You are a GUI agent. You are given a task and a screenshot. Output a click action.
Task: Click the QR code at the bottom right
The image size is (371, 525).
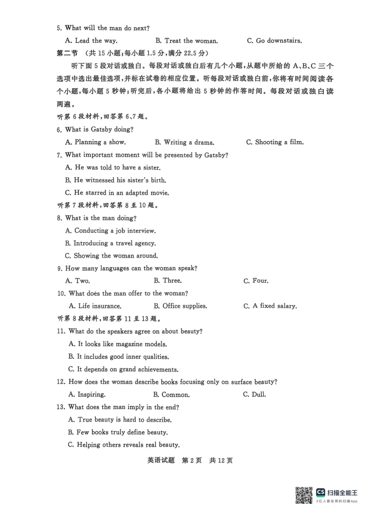pos(304,495)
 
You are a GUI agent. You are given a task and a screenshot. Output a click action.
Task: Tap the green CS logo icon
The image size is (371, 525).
pos(321,492)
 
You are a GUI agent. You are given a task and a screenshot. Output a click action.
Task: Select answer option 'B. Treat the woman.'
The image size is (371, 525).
pos(186,41)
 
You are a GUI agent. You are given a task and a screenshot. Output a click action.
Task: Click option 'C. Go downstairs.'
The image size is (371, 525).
pos(274,41)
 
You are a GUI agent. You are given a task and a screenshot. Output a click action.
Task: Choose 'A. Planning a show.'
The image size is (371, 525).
pos(95,142)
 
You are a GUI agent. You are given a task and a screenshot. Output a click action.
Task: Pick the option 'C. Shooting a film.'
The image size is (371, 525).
pos(275,142)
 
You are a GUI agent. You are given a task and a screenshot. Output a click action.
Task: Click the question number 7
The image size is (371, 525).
pos(59,155)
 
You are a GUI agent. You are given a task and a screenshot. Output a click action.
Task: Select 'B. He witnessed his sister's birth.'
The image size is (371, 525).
pos(116,180)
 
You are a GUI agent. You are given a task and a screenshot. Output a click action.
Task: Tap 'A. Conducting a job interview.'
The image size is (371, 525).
pos(111,231)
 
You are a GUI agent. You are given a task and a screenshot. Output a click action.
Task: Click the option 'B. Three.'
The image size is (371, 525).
pos(168,281)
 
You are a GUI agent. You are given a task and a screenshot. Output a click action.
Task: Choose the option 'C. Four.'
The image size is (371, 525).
pos(256,281)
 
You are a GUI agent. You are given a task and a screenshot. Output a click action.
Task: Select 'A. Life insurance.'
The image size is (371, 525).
pos(95,306)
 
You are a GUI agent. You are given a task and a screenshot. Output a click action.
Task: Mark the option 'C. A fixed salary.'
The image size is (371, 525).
pos(270,306)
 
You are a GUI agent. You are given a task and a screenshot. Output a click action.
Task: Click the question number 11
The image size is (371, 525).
pos(61,331)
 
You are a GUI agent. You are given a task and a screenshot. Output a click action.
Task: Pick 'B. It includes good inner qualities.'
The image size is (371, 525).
pos(118,357)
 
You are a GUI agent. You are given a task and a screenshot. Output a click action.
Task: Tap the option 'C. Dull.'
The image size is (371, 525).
pos(254,395)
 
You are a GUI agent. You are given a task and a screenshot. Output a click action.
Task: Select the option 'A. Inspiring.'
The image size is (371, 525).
pos(87,395)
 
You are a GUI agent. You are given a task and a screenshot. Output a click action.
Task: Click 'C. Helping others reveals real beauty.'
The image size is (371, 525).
pos(124,445)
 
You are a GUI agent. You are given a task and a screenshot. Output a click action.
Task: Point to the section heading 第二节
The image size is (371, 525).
pos(67,53)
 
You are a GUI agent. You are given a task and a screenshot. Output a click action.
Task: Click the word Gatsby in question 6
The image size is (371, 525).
pos(101,130)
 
